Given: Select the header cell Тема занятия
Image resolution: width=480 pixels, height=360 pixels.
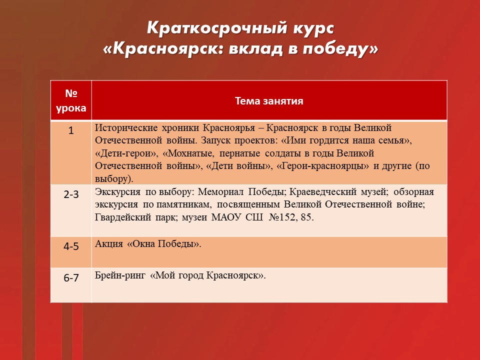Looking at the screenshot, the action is click(x=269, y=100).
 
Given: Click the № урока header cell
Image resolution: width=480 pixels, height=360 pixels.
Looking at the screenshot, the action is click(x=71, y=100).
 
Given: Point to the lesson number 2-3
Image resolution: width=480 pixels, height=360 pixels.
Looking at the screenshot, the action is click(x=71, y=194).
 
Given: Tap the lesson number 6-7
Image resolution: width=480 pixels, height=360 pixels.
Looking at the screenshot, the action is click(x=71, y=277).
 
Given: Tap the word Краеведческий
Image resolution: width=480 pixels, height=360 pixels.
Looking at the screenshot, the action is click(x=323, y=192).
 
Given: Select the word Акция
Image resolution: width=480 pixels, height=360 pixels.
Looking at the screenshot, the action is click(x=109, y=243).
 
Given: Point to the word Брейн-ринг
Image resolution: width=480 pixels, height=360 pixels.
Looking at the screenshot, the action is click(x=120, y=275).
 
